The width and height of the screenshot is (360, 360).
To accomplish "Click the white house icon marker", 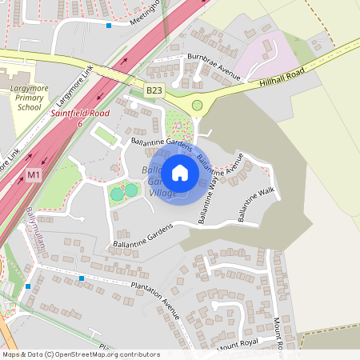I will (180, 172).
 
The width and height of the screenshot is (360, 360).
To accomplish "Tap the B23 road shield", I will (154, 92).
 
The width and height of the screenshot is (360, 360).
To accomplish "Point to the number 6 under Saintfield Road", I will (79, 123).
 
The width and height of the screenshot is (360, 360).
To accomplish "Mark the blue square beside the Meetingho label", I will (110, 26).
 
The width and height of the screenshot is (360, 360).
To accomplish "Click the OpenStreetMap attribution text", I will (80, 354).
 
